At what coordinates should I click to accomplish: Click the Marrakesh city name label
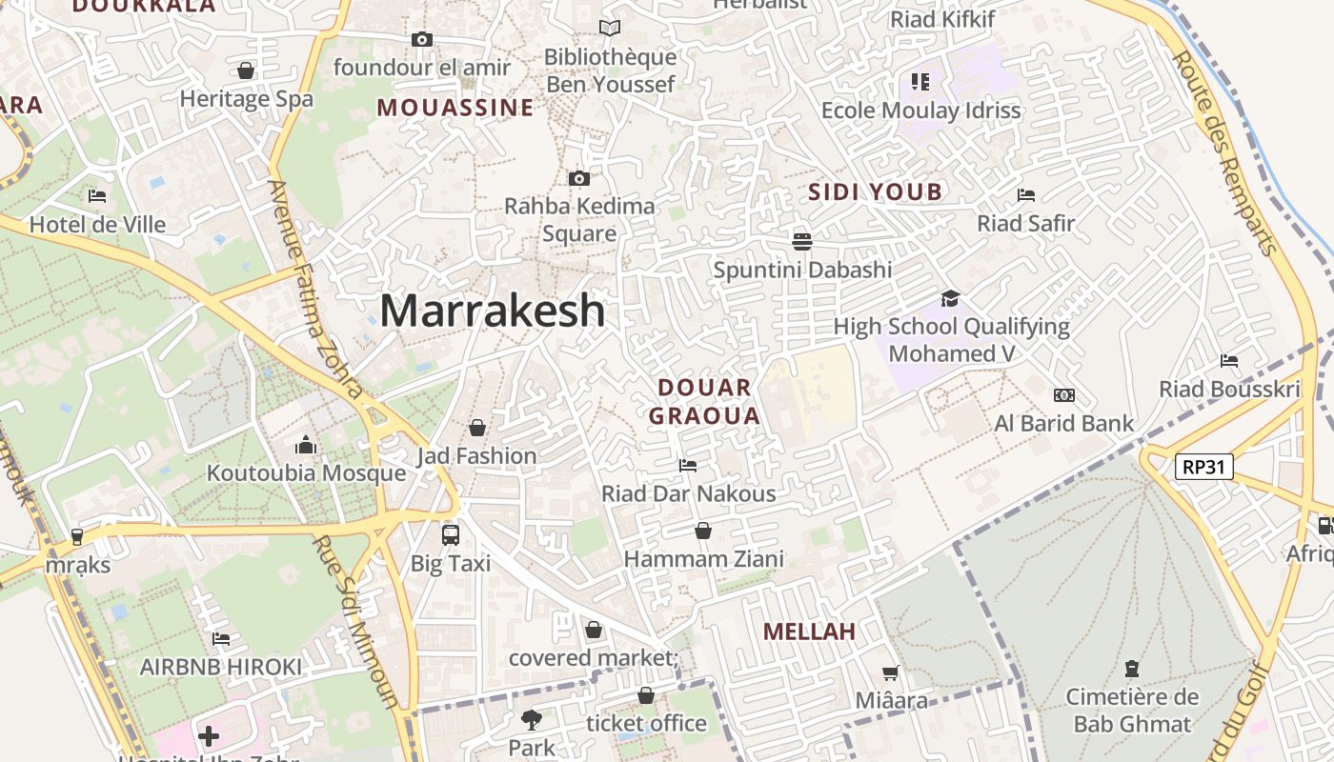[493, 311]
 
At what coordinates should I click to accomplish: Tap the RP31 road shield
[1204, 467]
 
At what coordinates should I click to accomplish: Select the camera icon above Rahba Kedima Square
[578, 178]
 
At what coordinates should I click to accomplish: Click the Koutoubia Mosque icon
[306, 445]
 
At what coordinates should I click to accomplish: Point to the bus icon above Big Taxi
[451, 534]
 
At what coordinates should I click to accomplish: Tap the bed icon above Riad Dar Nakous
[688, 465]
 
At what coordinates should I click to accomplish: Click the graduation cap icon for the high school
[950, 299]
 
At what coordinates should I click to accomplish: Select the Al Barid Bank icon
[1064, 395]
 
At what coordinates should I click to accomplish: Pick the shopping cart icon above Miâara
[891, 673]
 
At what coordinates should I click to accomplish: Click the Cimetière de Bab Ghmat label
[1132, 711]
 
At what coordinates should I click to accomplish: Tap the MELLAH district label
[809, 632]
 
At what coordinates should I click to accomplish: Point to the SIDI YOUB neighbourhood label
[875, 192]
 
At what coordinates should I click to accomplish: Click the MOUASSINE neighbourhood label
[455, 108]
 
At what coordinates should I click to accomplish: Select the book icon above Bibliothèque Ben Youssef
[610, 29]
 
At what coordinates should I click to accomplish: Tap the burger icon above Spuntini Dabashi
[802, 241]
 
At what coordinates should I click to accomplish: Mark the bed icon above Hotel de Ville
[97, 196]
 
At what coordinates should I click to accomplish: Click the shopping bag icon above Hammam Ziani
[703, 531]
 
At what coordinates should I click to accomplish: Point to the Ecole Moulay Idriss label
[920, 110]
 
